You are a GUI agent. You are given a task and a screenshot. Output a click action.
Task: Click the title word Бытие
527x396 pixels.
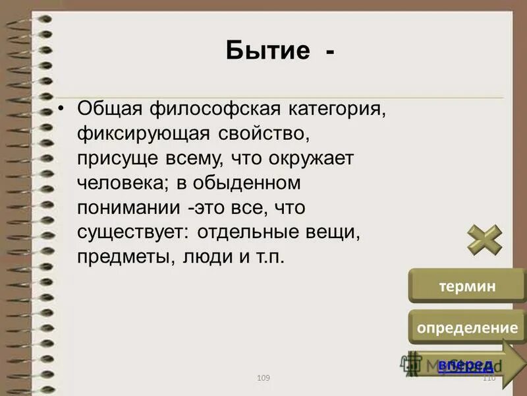267,50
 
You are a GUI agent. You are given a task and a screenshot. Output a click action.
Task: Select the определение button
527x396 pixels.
466,327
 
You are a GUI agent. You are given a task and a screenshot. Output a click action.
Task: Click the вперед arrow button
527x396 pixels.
465,365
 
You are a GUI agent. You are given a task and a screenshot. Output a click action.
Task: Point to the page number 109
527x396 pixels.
263,378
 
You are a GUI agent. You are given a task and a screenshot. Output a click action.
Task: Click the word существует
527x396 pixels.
122,232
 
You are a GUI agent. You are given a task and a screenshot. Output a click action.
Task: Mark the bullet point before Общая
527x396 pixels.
61,108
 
